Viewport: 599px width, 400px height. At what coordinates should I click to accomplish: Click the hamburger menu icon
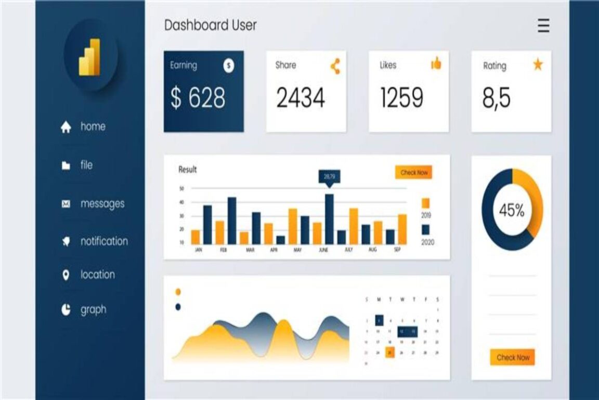(x=543, y=26)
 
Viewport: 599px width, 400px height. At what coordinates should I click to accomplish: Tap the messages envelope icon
(x=66, y=204)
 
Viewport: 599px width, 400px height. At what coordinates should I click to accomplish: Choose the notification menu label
(x=104, y=241)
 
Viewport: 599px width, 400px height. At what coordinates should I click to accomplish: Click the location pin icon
(x=66, y=275)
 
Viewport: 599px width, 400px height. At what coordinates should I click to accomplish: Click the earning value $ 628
(x=198, y=98)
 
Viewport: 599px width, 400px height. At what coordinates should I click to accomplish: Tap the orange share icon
(x=335, y=66)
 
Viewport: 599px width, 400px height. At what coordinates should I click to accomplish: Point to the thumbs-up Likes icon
(x=436, y=64)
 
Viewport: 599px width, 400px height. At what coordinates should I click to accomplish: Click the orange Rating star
(x=537, y=65)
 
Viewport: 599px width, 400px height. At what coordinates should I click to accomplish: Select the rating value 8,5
(x=497, y=98)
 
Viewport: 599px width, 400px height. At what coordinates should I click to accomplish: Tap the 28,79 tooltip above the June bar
(x=329, y=177)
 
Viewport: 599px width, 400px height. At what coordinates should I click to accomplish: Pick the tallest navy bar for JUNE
(x=329, y=219)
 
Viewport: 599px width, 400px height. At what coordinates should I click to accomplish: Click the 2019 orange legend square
(x=425, y=203)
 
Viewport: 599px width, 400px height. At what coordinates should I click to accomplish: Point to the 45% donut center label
(x=512, y=211)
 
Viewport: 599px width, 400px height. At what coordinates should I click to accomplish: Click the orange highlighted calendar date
(x=390, y=353)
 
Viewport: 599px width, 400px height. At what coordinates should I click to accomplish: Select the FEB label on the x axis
(x=224, y=250)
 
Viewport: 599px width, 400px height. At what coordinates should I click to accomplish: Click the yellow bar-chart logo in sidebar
(x=90, y=57)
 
